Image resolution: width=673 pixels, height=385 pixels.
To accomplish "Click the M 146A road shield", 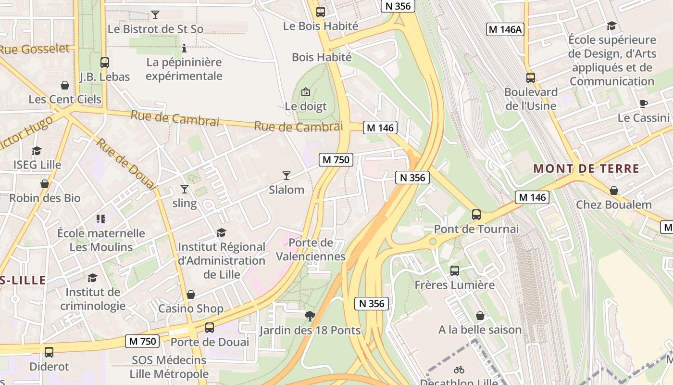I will (x=505, y=29).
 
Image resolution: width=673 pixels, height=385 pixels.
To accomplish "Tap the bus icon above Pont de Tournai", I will (x=476, y=214).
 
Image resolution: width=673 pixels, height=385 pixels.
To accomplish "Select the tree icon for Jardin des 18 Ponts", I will (x=310, y=316).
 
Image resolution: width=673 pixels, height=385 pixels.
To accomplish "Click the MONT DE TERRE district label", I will (x=586, y=169).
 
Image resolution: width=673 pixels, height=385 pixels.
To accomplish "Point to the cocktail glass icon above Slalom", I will (x=287, y=175).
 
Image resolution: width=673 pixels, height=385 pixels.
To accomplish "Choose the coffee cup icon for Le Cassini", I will (x=644, y=103).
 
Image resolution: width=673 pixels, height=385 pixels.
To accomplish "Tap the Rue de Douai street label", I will (x=125, y=164).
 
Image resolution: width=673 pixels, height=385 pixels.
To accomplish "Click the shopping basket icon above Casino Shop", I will (x=191, y=294).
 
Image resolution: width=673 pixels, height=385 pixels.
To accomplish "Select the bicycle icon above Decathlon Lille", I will (x=459, y=370).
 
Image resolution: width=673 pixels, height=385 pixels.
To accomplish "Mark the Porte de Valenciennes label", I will (x=311, y=249).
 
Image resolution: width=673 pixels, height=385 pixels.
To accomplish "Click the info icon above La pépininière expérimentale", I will (x=184, y=48).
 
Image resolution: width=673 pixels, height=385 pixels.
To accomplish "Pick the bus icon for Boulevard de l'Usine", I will (x=531, y=77).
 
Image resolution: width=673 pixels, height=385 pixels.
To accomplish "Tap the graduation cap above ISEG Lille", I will (x=37, y=151).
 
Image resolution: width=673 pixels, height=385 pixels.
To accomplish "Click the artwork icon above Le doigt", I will (x=306, y=92).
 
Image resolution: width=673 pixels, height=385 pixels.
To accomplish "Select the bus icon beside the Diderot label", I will (x=49, y=352).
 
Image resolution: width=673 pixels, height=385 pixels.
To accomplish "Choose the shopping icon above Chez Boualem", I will (x=613, y=191).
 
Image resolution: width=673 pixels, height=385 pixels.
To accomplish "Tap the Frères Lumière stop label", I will (x=455, y=285).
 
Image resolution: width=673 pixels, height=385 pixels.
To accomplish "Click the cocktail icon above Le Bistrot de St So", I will (x=155, y=15).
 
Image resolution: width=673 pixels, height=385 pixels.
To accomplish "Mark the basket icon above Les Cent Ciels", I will (x=65, y=85).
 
